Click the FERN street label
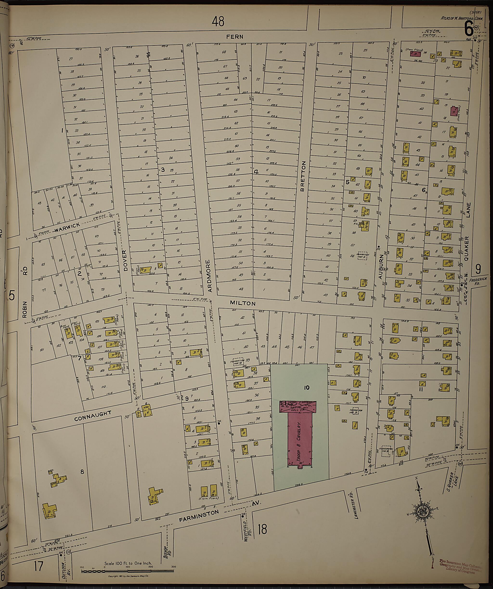pyautogui.click(x=235, y=37)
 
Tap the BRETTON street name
pyautogui.click(x=303, y=176)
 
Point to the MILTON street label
pyautogui.click(x=243, y=303)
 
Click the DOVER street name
pyautogui.click(x=125, y=261)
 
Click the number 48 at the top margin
pyautogui.click(x=218, y=21)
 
